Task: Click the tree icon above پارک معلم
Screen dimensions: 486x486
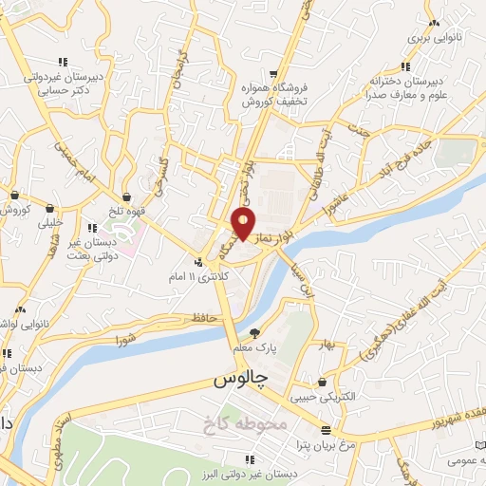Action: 253,332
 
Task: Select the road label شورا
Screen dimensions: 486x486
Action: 124,339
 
